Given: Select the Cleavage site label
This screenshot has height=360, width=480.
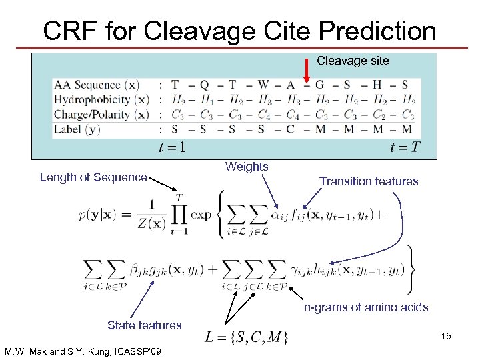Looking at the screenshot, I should pyautogui.click(x=353, y=61).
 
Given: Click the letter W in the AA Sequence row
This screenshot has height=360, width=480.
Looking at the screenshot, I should pyautogui.click(x=263, y=85).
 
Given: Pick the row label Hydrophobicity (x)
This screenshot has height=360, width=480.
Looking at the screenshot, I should pyautogui.click(x=101, y=99).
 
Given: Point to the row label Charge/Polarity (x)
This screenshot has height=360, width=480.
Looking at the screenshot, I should pyautogui.click(x=101, y=114).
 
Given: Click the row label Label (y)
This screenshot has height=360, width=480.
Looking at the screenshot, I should pyautogui.click(x=79, y=129).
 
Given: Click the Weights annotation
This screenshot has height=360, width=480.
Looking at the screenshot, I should pyautogui.click(x=247, y=167).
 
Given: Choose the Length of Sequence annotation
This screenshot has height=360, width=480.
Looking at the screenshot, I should pyautogui.click(x=93, y=177).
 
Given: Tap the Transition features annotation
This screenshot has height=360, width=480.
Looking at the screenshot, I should pyautogui.click(x=369, y=181).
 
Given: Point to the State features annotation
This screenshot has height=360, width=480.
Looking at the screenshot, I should pyautogui.click(x=144, y=325).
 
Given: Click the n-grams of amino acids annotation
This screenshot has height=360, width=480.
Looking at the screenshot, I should pyautogui.click(x=366, y=307).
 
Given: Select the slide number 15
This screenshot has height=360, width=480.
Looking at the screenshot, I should pyautogui.click(x=445, y=336).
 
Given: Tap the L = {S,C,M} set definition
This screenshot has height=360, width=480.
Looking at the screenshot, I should pyautogui.click(x=247, y=337).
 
